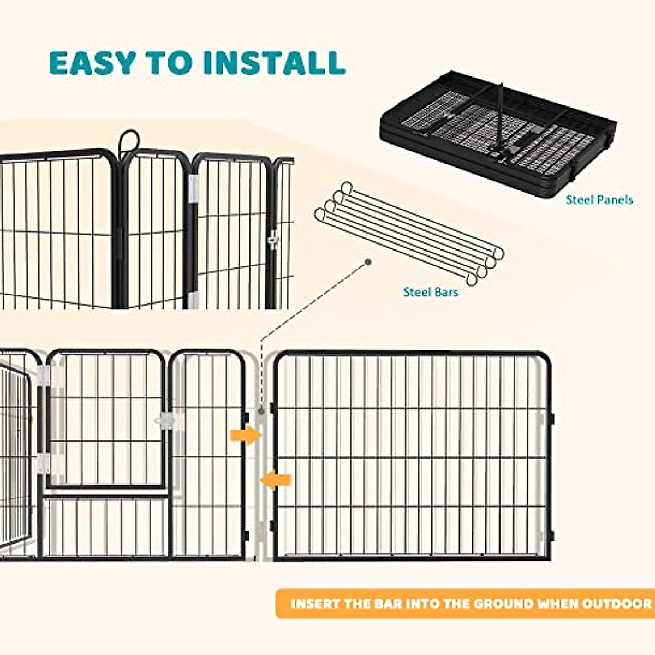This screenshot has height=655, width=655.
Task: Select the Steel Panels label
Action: point(599,200)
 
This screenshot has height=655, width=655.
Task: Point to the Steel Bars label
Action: point(430,292)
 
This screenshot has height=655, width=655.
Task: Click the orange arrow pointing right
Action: point(246,435)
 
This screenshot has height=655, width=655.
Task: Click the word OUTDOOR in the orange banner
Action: point(617,604)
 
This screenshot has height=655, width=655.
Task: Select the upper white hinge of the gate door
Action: point(44,376)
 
